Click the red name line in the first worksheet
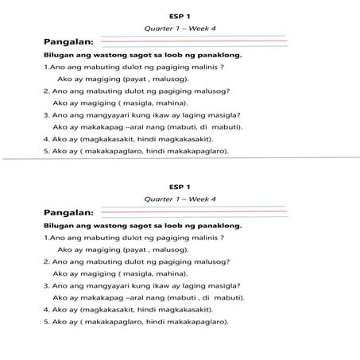[191, 41]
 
